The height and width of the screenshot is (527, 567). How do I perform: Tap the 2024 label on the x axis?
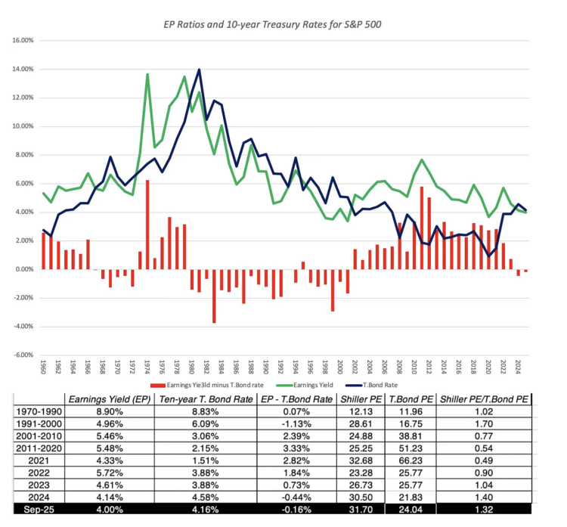(x=518, y=369)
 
